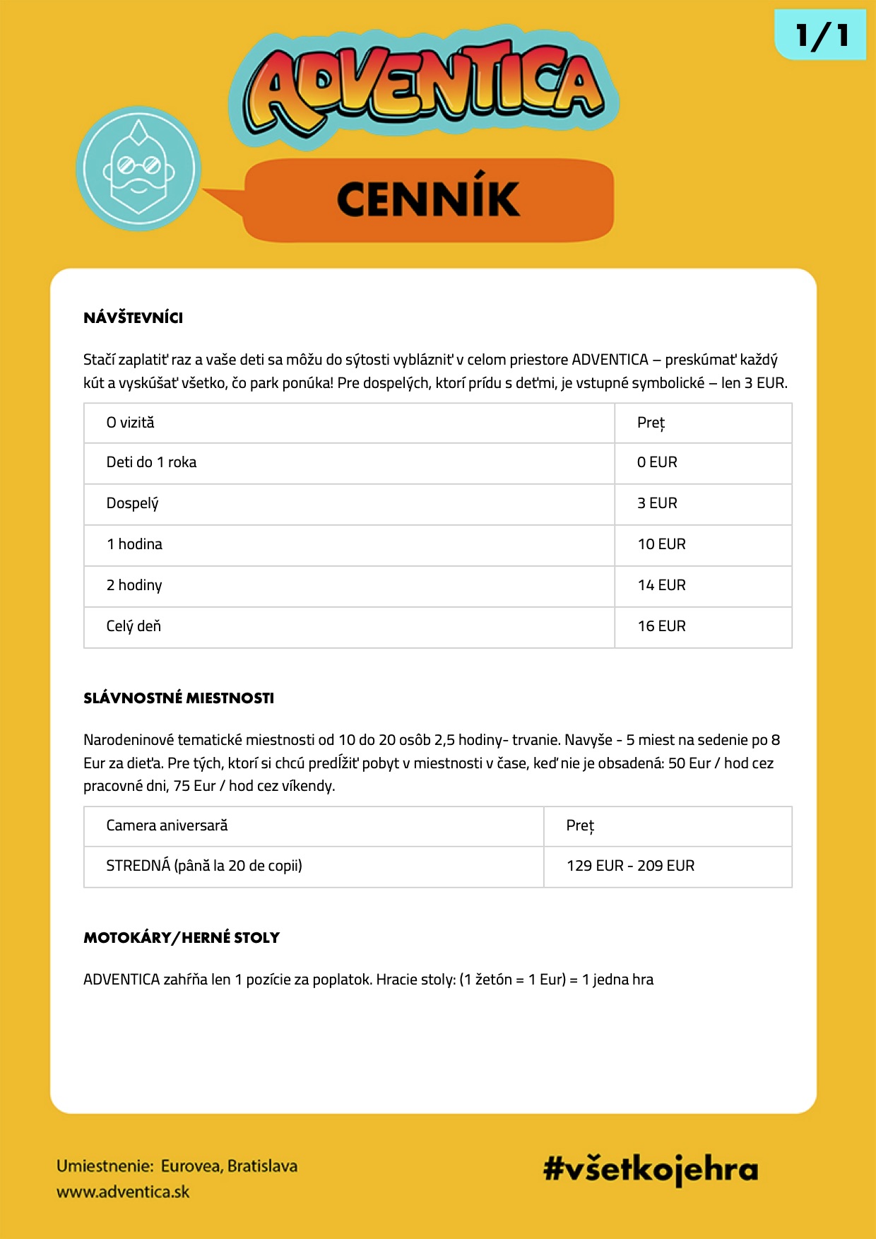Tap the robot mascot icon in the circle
pos(138,169)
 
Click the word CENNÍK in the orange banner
pos(428,199)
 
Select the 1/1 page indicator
pos(821,35)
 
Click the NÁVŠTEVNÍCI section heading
pos(133,318)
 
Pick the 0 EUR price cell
pos(657,462)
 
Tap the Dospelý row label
pos(132,503)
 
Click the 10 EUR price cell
pos(661,544)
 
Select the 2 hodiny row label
pos(134,585)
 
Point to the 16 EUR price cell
pos(661,626)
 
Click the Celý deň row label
pos(134,626)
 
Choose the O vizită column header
pos(130,423)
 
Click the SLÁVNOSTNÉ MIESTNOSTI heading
pos(179,698)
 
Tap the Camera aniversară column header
pos(167,826)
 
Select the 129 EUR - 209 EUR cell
pos(630,866)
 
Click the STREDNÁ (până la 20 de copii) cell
pos(204,866)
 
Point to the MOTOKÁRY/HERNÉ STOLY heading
pos(182,938)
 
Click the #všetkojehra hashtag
pos(650,1169)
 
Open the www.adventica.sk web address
pos(123,1192)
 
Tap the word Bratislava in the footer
pos(262,1166)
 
